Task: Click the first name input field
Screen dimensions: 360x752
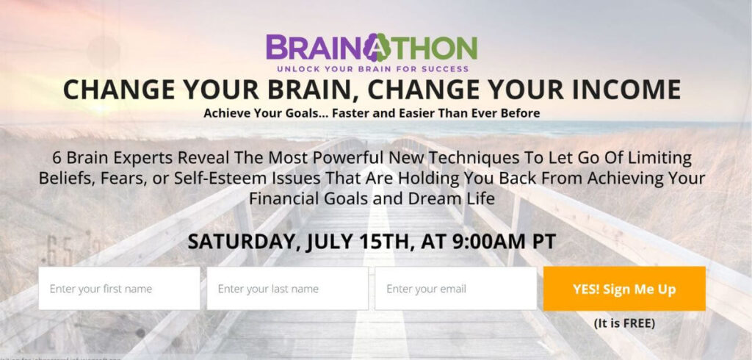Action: point(119,288)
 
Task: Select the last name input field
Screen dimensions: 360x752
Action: point(287,288)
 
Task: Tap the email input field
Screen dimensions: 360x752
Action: point(455,288)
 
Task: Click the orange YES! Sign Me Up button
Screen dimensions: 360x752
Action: point(624,288)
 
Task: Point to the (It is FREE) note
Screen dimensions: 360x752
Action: point(624,323)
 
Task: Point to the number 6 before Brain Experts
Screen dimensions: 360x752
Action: point(57,158)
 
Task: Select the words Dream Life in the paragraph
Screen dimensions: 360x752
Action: point(458,198)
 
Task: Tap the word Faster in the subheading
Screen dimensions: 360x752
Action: point(328,113)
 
